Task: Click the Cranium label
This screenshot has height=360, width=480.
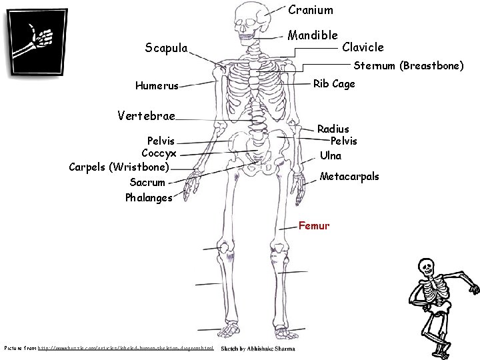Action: (x=310, y=11)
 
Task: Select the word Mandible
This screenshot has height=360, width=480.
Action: (x=313, y=34)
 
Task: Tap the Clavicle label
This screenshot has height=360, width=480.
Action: (x=363, y=47)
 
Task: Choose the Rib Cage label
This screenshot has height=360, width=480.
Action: (x=334, y=84)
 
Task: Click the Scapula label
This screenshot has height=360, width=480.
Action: (x=166, y=47)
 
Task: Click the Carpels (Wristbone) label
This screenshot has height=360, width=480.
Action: (x=119, y=166)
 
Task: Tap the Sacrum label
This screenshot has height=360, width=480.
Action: (x=147, y=181)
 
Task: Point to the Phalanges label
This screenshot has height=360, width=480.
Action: (x=148, y=197)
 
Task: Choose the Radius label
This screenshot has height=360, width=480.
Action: (x=333, y=128)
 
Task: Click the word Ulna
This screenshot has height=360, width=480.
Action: (x=331, y=155)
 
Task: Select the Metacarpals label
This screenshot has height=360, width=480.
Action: (x=349, y=177)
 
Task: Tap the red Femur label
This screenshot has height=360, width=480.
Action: (x=314, y=225)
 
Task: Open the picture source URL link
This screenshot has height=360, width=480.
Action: (x=126, y=349)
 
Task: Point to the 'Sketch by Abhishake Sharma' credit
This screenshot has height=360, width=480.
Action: (x=258, y=349)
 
